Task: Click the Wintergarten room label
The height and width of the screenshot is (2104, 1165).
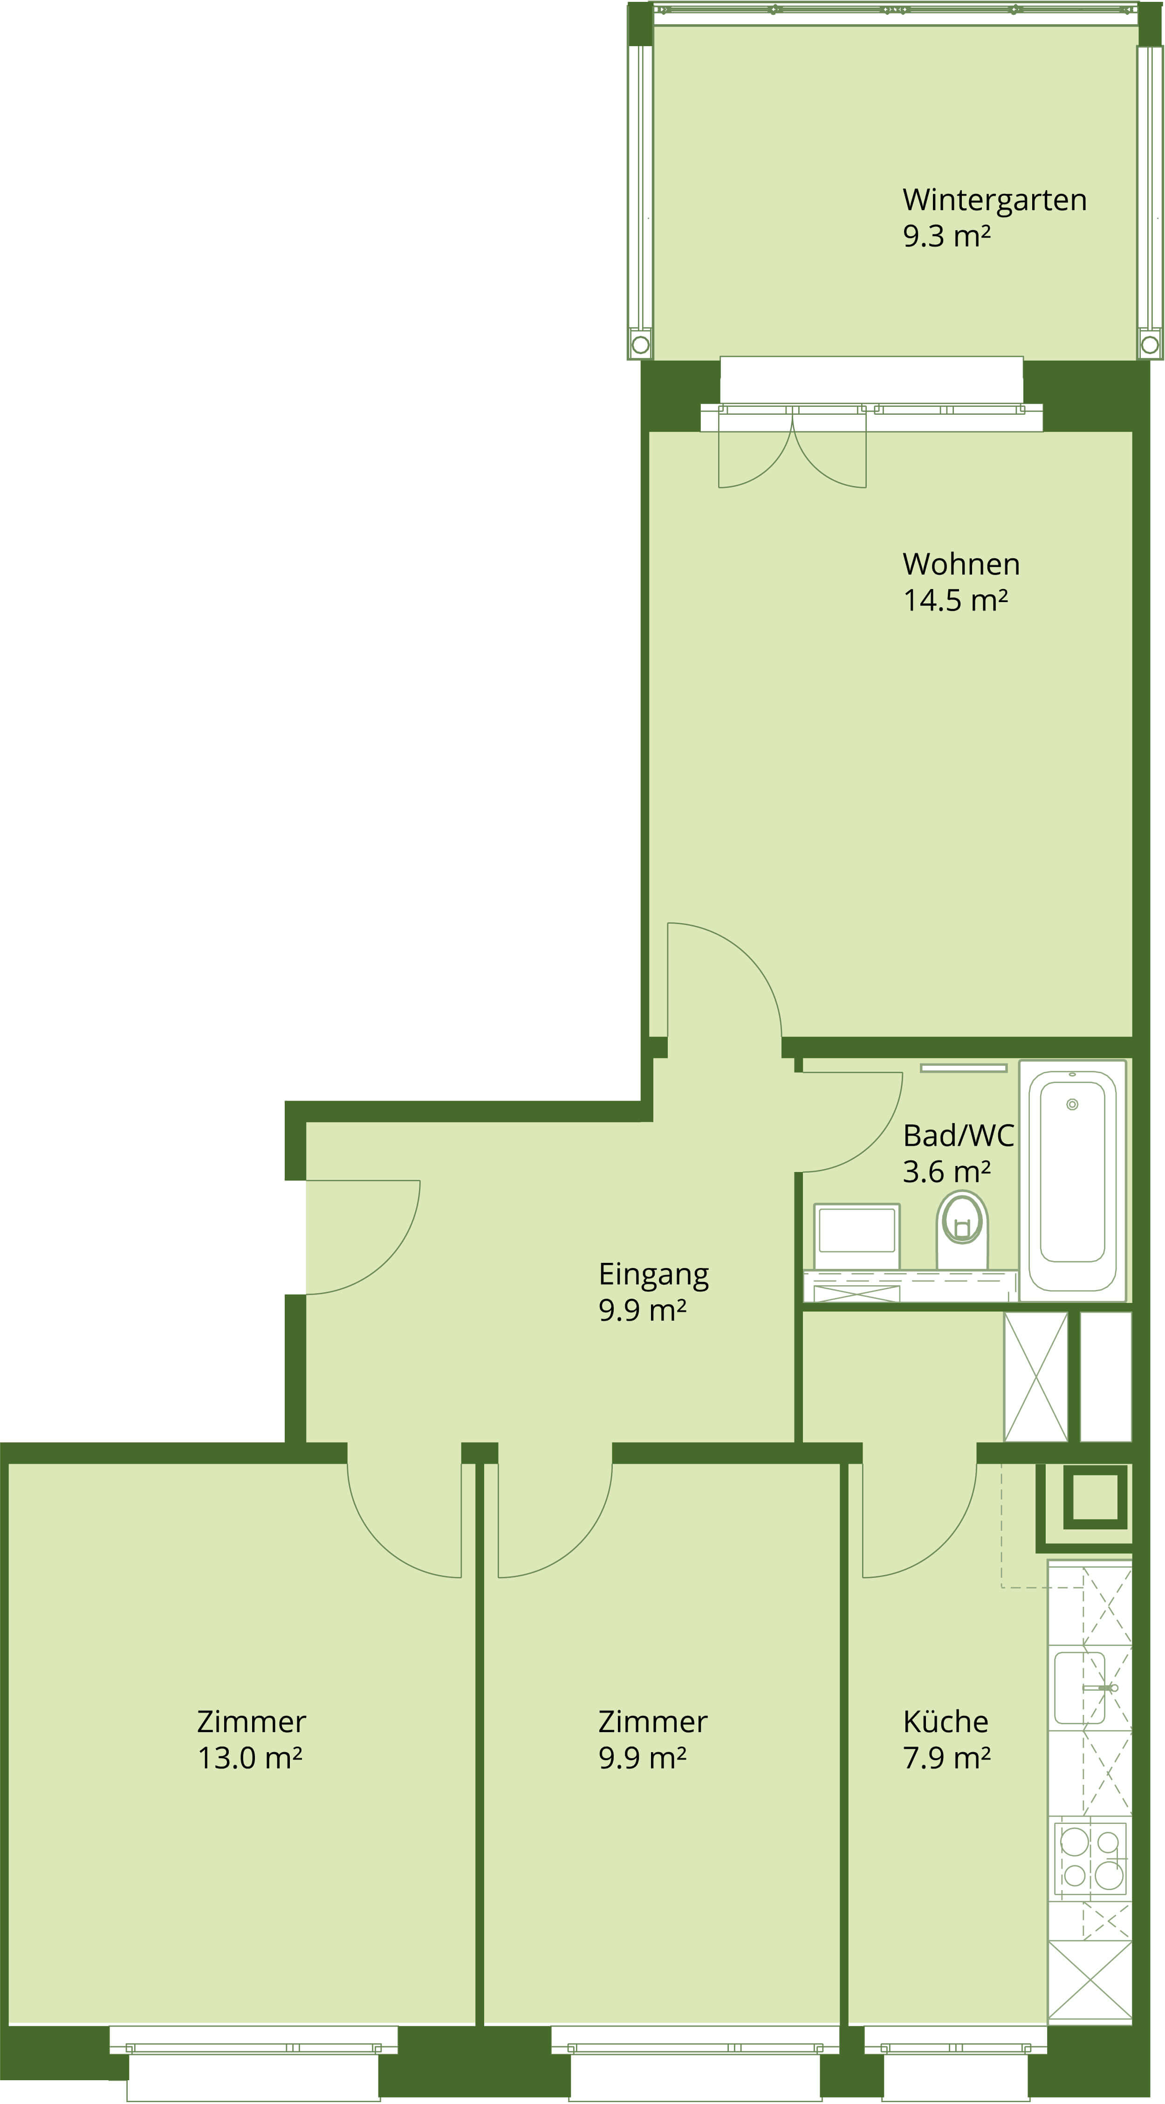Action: (x=994, y=200)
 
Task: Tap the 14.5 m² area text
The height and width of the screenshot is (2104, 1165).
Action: (x=955, y=600)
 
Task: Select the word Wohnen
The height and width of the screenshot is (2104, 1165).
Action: (x=961, y=564)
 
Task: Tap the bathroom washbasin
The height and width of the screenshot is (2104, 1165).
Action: (x=856, y=1236)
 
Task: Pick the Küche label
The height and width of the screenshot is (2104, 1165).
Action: (x=945, y=1722)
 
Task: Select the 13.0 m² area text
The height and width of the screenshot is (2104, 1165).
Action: (x=250, y=1758)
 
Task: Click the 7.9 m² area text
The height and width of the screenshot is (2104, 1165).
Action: (x=947, y=1758)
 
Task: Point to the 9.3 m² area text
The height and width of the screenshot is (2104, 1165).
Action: (x=947, y=236)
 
